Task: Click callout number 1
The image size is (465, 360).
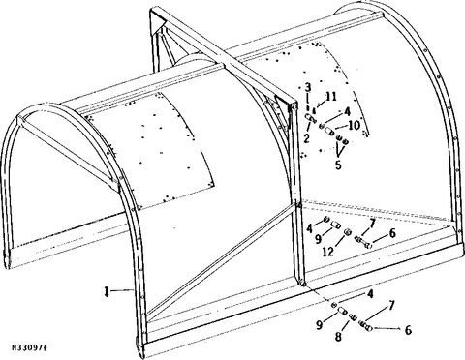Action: click(x=107, y=291)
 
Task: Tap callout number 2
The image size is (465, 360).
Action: click(x=306, y=138)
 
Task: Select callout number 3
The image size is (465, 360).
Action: click(x=308, y=87)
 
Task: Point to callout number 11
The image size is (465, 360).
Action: click(x=331, y=97)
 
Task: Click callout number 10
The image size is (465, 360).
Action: click(x=355, y=125)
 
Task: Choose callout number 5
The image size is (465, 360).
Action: click(x=338, y=165)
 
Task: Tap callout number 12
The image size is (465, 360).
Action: click(x=328, y=252)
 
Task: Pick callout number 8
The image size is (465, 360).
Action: click(x=338, y=337)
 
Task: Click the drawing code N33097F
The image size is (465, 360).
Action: click(x=30, y=347)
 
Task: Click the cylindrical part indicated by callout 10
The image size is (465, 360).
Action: click(x=329, y=132)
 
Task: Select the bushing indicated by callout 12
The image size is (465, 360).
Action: click(x=348, y=232)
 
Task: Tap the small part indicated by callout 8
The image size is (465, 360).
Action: click(x=353, y=316)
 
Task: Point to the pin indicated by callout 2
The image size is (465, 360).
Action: click(x=310, y=117)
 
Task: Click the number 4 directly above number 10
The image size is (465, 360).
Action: click(x=347, y=111)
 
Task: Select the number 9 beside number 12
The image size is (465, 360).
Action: click(x=318, y=239)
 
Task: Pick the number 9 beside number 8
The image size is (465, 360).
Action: click(x=319, y=324)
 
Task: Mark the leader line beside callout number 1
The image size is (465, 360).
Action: click(x=122, y=291)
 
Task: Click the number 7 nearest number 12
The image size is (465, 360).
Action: click(x=372, y=224)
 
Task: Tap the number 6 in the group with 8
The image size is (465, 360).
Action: click(x=408, y=330)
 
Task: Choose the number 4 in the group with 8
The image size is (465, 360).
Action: click(x=370, y=294)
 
